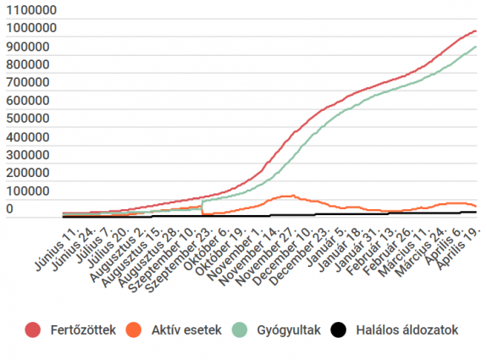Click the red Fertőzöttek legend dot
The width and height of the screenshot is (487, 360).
34,330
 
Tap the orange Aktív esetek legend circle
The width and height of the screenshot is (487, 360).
133,330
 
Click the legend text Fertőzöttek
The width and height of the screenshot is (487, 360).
81,330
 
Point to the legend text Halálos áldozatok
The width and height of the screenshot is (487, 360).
407,330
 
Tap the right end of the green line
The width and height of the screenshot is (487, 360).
476,47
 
